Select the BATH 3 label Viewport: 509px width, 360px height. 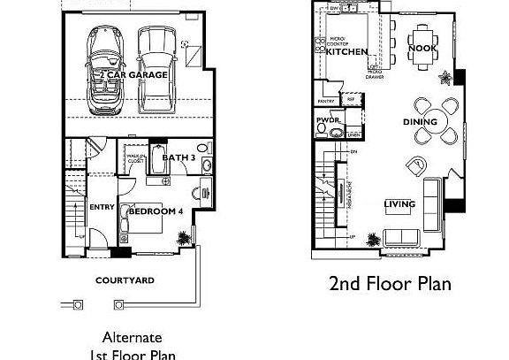[x=179, y=157]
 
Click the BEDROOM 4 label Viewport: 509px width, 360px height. [x=156, y=211]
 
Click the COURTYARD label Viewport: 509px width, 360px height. [x=125, y=280]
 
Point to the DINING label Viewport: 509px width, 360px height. [x=420, y=122]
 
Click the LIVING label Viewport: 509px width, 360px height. [x=399, y=204]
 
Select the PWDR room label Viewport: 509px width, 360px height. [x=328, y=119]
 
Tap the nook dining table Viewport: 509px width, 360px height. [x=419, y=38]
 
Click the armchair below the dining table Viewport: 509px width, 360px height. [x=416, y=165]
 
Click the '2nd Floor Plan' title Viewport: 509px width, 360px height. [x=390, y=284]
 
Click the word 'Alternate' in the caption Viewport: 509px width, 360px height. [x=133, y=337]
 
